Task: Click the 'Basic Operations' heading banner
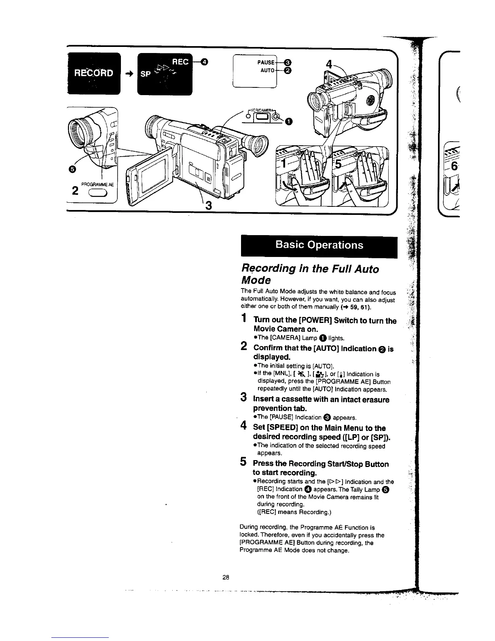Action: click(x=319, y=245)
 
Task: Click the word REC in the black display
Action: click(x=180, y=62)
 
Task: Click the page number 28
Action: click(x=226, y=577)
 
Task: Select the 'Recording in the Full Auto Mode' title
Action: click(x=310, y=274)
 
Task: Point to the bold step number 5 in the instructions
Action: click(x=243, y=461)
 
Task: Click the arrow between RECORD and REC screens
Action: click(x=129, y=74)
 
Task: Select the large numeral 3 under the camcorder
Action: click(x=209, y=206)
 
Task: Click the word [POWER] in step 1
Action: click(x=313, y=321)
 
